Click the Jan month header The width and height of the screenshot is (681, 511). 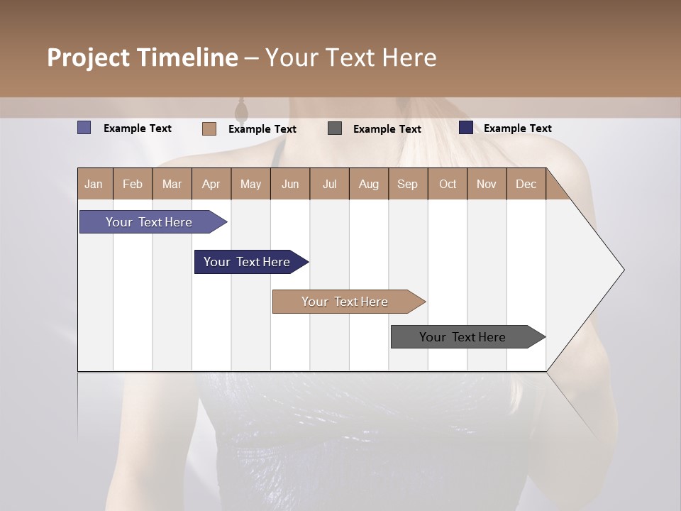coord(94,184)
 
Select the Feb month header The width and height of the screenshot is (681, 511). coord(133,184)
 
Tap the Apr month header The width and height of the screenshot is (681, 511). coord(211,184)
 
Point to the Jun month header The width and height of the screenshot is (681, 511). coord(290,184)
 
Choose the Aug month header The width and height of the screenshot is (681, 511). coord(369,184)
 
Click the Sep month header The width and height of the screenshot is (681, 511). coord(408,184)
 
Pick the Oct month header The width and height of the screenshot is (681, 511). coord(448,184)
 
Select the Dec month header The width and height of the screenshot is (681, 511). coord(526,184)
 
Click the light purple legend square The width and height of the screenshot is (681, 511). coord(84,128)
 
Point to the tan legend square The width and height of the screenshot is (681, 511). coord(209,128)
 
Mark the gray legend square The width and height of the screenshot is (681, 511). coord(335,128)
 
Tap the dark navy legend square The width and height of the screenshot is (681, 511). coord(466,128)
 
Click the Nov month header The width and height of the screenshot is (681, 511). coord(487,184)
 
